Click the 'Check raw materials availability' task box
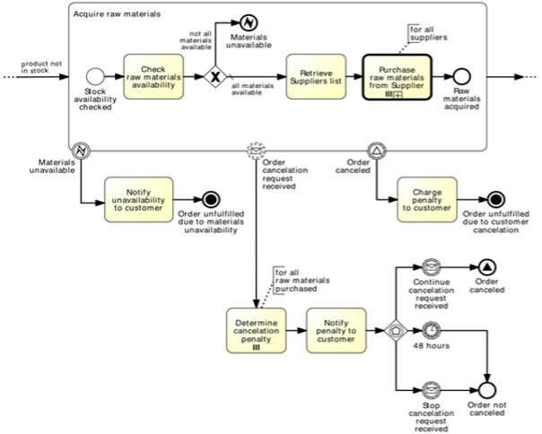coord(155,77)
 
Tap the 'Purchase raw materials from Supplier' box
coord(397,78)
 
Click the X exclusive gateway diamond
coord(214,77)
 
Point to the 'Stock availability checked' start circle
coord(94,78)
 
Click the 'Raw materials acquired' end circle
coord(463,78)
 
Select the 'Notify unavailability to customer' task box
coord(138,198)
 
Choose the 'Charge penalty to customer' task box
coord(426,198)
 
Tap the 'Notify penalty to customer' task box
coord(337,329)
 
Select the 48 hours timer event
coord(431,329)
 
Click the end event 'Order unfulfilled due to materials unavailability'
coord(211,198)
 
